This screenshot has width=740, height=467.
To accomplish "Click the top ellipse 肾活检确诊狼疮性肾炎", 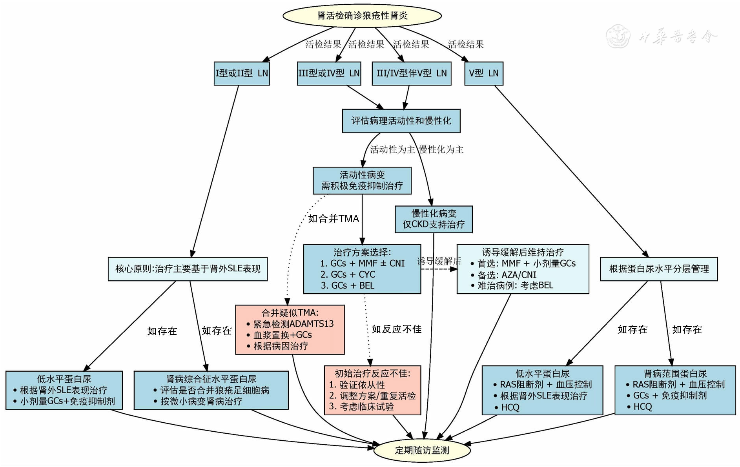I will [x=362, y=16].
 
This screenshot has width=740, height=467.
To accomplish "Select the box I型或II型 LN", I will [x=242, y=73].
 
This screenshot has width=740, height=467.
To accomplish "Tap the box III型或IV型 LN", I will [x=329, y=73].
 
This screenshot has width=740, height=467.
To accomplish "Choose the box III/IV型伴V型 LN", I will [x=411, y=73].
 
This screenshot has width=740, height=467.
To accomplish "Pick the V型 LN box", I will [x=483, y=73].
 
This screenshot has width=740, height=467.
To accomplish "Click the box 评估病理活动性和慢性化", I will [x=401, y=121].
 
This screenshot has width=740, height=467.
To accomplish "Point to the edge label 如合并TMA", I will [x=334, y=219].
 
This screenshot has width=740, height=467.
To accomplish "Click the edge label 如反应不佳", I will [x=396, y=329].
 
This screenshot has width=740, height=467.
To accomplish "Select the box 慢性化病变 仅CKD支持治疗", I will [x=433, y=219].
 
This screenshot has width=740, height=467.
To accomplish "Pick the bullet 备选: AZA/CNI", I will [x=507, y=275].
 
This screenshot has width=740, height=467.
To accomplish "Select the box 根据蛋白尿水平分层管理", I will [x=659, y=269].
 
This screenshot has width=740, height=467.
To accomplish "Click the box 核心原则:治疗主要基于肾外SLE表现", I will [x=188, y=269].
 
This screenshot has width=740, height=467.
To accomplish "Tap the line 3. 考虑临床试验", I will [x=361, y=407].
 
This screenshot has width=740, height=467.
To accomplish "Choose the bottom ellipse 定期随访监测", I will [x=422, y=450].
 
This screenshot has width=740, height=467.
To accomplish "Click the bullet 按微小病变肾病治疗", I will [x=201, y=401].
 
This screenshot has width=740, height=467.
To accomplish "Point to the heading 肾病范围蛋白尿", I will [x=675, y=374].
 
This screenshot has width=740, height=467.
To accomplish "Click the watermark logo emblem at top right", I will [x=618, y=36].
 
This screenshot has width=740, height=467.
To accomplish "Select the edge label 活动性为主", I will [x=392, y=149].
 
